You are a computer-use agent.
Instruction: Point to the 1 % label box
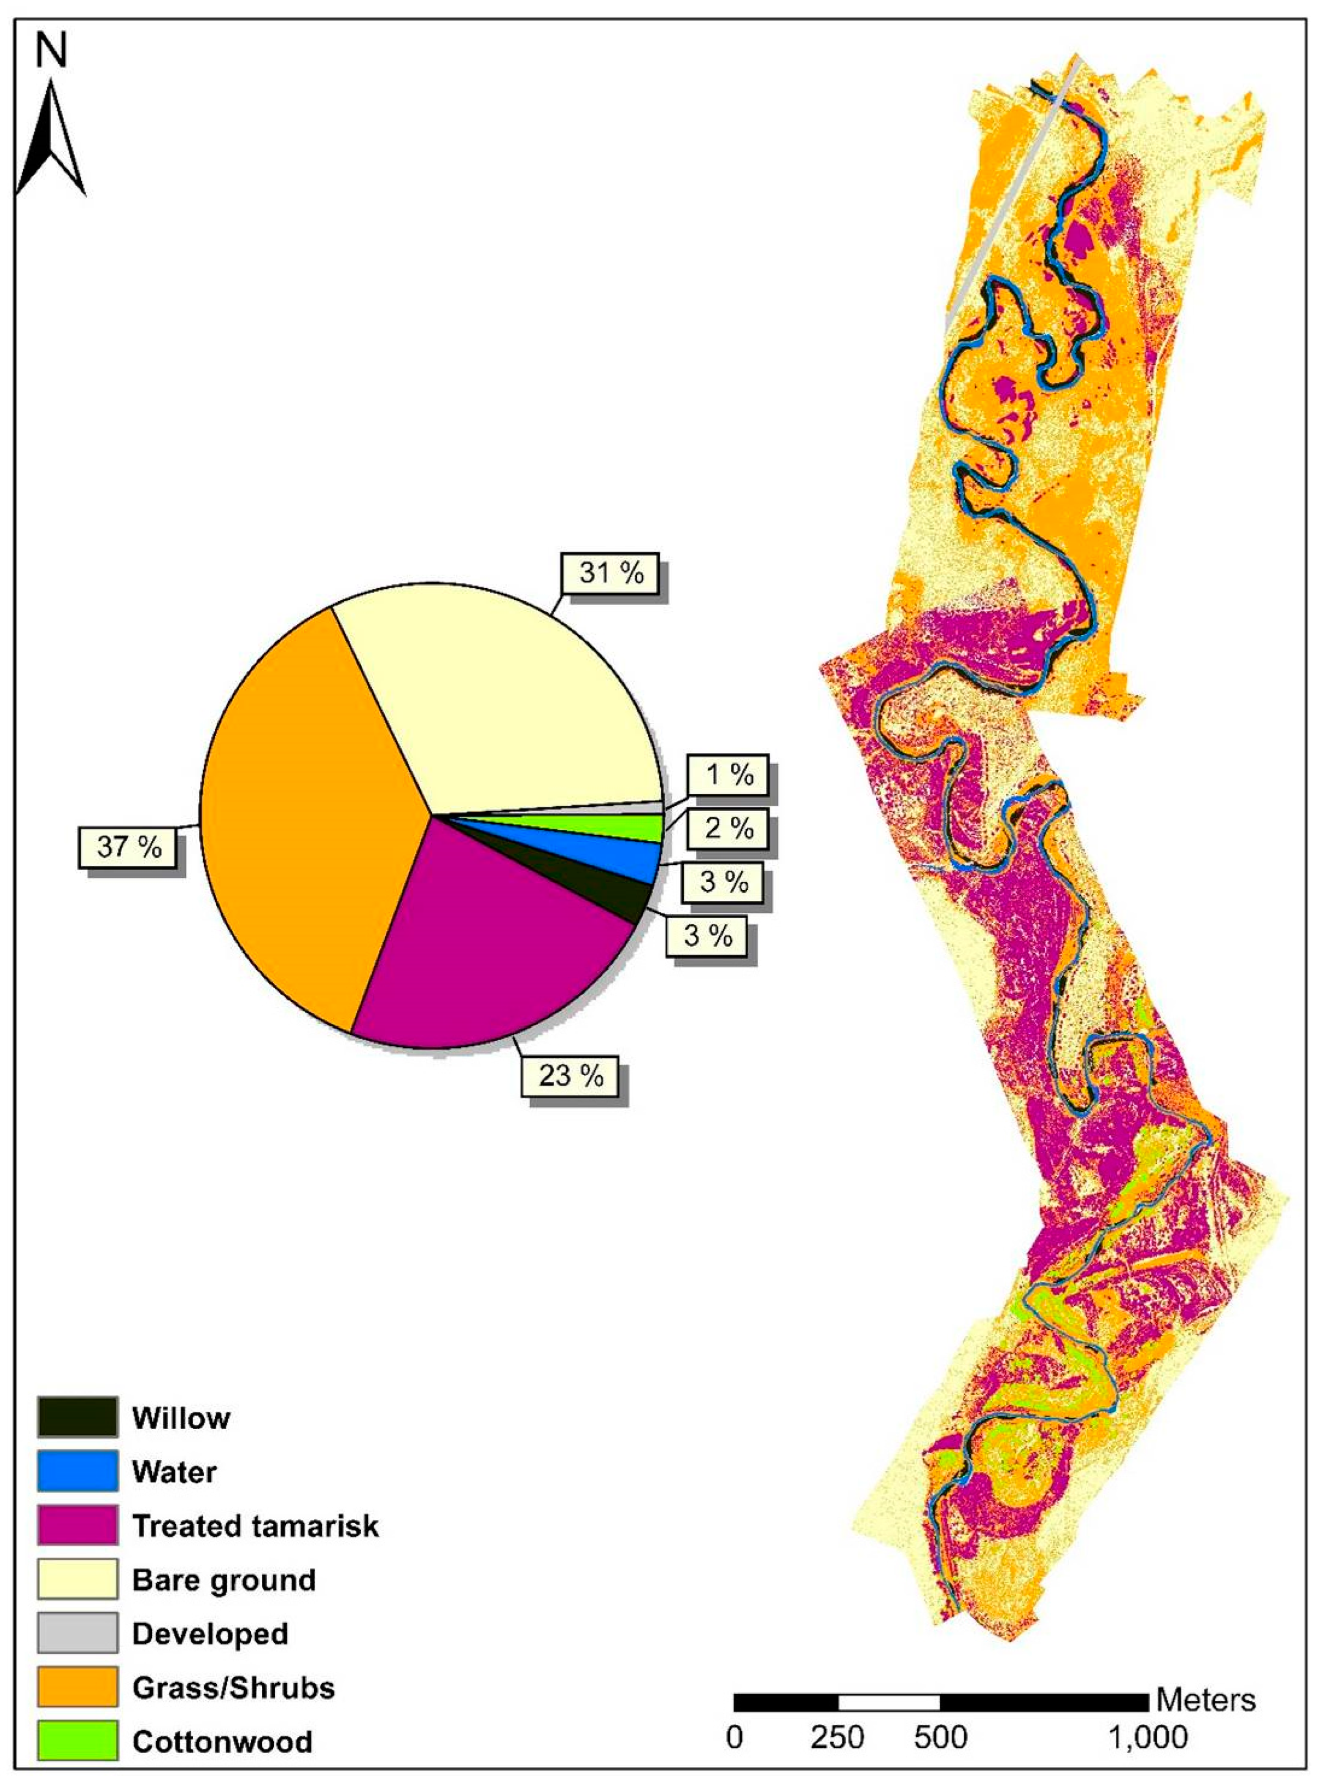[x=729, y=774]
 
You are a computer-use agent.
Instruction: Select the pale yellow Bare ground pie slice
[x=511, y=702]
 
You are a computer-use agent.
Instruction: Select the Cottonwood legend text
[x=222, y=1741]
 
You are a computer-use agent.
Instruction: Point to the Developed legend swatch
[x=77, y=1632]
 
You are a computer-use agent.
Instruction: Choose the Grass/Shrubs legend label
[x=233, y=1687]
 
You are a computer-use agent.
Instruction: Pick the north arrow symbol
[x=51, y=140]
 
